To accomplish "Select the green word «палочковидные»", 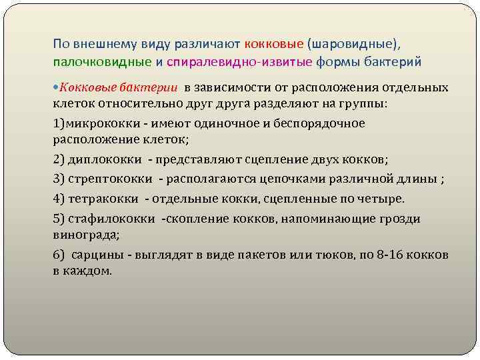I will (x=101, y=62).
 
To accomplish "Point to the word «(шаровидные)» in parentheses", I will (x=353, y=43).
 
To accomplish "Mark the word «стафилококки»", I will (x=113, y=219).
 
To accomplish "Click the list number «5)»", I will (x=59, y=219).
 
